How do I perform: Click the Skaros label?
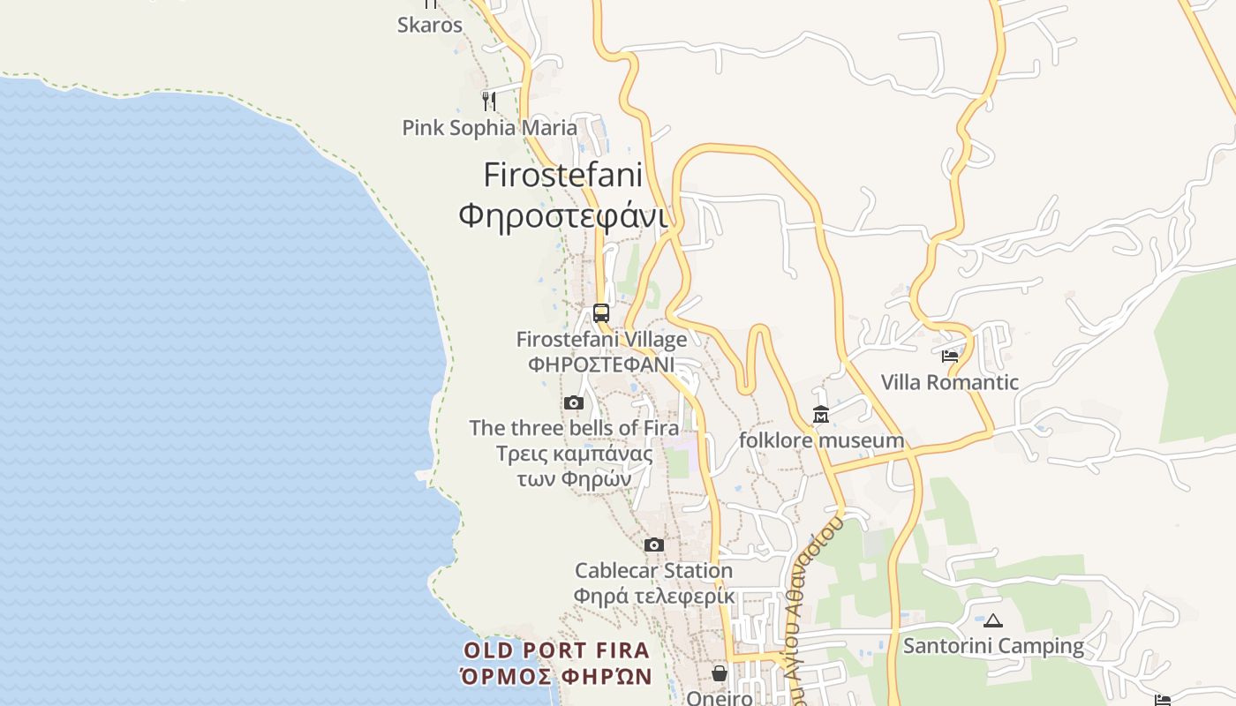(x=430, y=25)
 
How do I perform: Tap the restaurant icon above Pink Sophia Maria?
(x=488, y=100)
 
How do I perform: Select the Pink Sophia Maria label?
(x=489, y=128)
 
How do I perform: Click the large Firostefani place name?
(x=562, y=175)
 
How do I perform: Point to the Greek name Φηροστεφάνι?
(x=562, y=214)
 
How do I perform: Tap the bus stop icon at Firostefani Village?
(x=601, y=313)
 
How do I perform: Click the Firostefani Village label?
(x=601, y=339)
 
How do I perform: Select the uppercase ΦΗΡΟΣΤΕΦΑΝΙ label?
(x=601, y=364)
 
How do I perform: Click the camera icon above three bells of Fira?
(x=574, y=403)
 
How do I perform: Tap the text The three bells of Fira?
(x=574, y=428)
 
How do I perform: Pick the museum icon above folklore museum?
(x=821, y=414)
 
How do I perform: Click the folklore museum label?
(x=821, y=440)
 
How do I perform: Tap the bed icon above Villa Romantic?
(x=950, y=357)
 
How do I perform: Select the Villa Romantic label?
(x=950, y=383)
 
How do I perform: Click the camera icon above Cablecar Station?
(x=653, y=545)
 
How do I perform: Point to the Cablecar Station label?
(x=653, y=571)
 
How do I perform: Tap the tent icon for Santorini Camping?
(x=993, y=620)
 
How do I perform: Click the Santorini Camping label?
(x=993, y=646)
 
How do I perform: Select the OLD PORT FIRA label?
(x=556, y=651)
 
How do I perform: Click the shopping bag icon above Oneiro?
(x=720, y=673)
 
